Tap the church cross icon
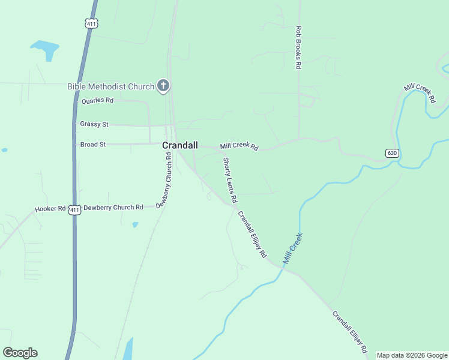point(163,86)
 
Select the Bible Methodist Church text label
point(111,86)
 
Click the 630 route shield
point(392,153)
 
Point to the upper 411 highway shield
point(91,23)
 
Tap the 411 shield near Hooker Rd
point(74,209)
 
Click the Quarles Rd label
point(97,101)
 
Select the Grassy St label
point(94,124)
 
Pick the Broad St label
point(92,145)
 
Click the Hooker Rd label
point(50,209)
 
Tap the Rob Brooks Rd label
point(298,47)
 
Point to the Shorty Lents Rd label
point(230,179)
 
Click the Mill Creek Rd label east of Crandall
point(239,146)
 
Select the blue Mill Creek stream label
point(293,248)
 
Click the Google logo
point(20,353)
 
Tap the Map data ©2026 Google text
point(412,355)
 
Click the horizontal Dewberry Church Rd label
point(113,208)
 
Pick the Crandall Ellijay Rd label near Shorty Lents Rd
point(252,234)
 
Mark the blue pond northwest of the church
point(46,49)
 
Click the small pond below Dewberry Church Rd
point(135,225)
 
